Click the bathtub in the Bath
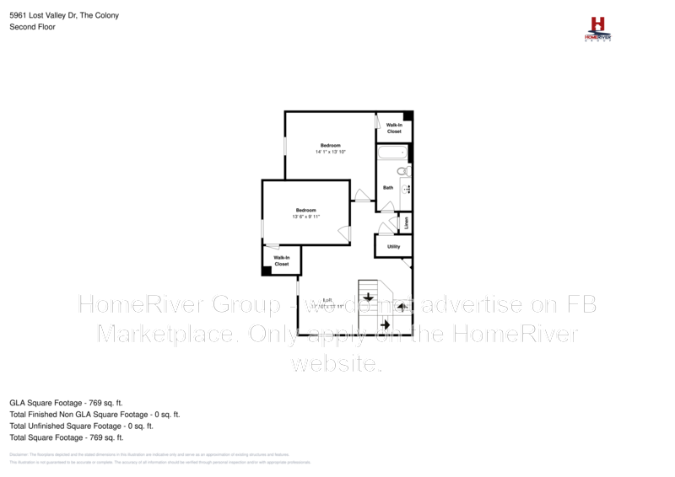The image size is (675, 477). coord(392,154)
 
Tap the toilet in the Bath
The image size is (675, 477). coord(402,171)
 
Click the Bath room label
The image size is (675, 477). coord(388,188)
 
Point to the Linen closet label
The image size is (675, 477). coord(406,222)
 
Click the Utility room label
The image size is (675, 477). coord(393,247)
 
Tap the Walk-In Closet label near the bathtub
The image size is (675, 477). coord(394,128)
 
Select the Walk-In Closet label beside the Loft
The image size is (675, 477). coord(281,260)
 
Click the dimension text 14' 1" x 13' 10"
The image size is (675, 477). coord(331,152)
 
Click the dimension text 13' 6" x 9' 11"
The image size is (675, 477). coord(305,217)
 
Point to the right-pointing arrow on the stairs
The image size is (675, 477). coord(385,324)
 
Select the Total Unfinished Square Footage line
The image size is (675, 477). coord(81,426)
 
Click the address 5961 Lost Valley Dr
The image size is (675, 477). coord(46,15)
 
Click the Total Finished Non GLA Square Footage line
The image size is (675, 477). coord(94,415)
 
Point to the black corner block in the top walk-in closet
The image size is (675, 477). coord(408,116)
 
